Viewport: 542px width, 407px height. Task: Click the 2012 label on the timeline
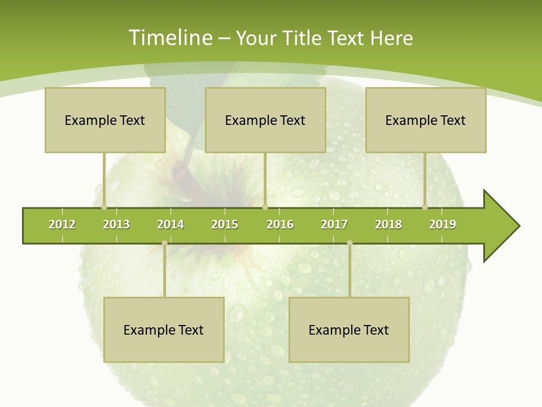[x=62, y=224]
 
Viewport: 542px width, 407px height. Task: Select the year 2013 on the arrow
[x=116, y=224]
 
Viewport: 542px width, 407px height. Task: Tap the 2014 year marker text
[x=171, y=224]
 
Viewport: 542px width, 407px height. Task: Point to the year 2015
[x=225, y=224]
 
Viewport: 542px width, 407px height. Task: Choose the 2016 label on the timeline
[x=280, y=224]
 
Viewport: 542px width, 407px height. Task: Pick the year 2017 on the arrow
[x=334, y=224]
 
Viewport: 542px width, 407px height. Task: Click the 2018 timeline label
[x=388, y=224]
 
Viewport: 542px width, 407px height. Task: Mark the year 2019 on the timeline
[x=443, y=224]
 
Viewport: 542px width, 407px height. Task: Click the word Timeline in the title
[x=170, y=38]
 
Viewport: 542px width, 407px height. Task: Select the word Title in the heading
[x=302, y=38]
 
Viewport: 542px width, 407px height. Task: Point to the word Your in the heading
[x=255, y=38]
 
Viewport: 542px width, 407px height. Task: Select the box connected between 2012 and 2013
[x=105, y=120]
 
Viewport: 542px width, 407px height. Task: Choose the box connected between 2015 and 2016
[x=265, y=120]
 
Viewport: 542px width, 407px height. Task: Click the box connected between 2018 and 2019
[x=426, y=120]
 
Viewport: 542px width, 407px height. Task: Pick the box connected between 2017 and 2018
[x=349, y=330]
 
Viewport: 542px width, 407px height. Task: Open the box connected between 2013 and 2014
[x=164, y=330]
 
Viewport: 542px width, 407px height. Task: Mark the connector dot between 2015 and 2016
[x=265, y=207]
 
